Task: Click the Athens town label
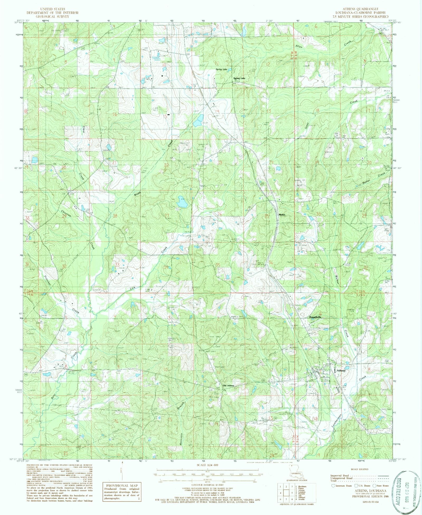pyautogui.click(x=341, y=371)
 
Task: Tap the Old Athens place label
pyautogui.click(x=228, y=386)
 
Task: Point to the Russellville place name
pyautogui.click(x=317, y=317)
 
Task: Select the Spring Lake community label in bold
pyautogui.click(x=239, y=78)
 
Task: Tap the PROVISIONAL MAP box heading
pyautogui.click(x=122, y=485)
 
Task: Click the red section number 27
pyautogui.click(x=167, y=216)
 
